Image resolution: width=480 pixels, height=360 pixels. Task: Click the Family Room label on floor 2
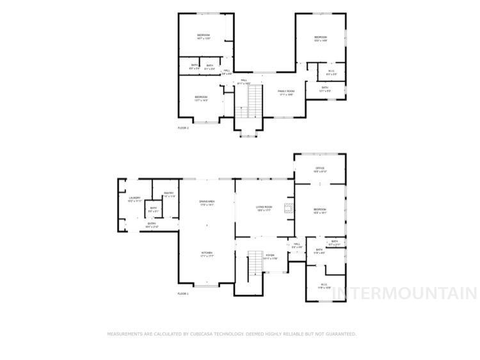(285, 92)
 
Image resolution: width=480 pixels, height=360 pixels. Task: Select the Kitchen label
(207, 253)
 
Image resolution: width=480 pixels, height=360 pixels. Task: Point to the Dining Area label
(207, 202)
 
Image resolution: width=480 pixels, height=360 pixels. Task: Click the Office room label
(320, 168)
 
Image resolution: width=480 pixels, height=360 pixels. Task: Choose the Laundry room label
(134, 198)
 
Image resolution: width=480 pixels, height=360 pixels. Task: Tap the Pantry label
(169, 193)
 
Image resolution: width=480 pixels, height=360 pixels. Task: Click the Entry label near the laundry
(152, 224)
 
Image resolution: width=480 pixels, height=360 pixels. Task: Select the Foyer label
(270, 256)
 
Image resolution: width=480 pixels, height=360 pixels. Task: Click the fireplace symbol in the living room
(289, 207)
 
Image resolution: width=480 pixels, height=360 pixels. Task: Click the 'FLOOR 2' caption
(183, 128)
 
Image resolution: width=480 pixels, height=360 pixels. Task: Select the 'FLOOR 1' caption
(183, 293)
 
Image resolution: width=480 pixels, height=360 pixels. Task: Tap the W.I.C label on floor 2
(331, 71)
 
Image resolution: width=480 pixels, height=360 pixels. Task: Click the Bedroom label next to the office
(320, 209)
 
